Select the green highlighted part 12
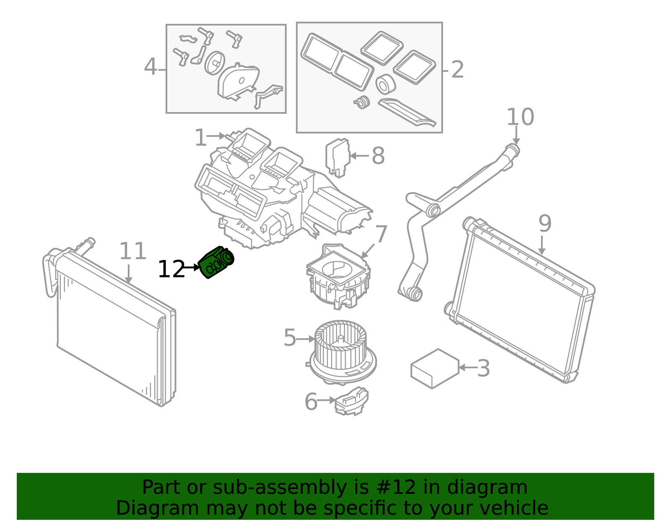(216, 262)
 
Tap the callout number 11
(133, 251)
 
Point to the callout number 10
(520, 117)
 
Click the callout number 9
(545, 224)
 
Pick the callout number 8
(378, 156)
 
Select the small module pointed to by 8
(338, 158)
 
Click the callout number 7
(381, 234)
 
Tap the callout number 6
(311, 402)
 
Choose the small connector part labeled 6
(352, 401)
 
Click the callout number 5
(290, 338)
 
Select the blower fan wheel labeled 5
(343, 352)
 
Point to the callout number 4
(151, 67)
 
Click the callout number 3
(484, 368)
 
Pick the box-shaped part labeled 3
(435, 369)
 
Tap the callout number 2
(458, 70)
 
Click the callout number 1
(200, 138)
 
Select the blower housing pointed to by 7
(338, 276)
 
